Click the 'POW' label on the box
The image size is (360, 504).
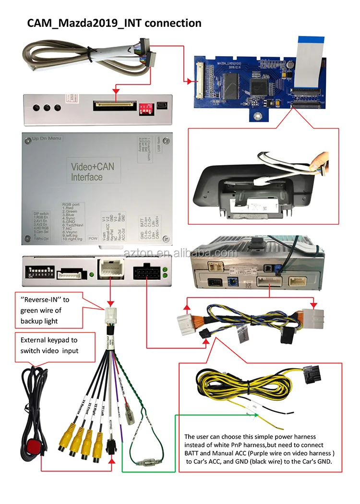click(93, 238)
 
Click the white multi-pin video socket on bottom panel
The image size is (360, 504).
click(111, 270)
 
